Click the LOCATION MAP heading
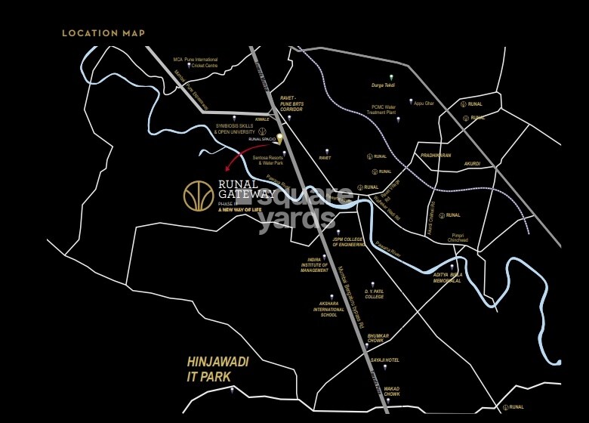[x=103, y=33]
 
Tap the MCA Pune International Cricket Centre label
[x=196, y=61]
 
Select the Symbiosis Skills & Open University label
[x=241, y=130]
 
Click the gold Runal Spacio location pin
[x=279, y=139]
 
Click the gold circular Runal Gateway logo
[x=199, y=196]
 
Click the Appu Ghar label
[x=424, y=103]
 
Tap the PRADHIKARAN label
[x=436, y=155]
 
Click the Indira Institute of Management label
[x=314, y=264]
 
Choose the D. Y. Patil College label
[x=375, y=294]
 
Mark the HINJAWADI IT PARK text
[x=218, y=368]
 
